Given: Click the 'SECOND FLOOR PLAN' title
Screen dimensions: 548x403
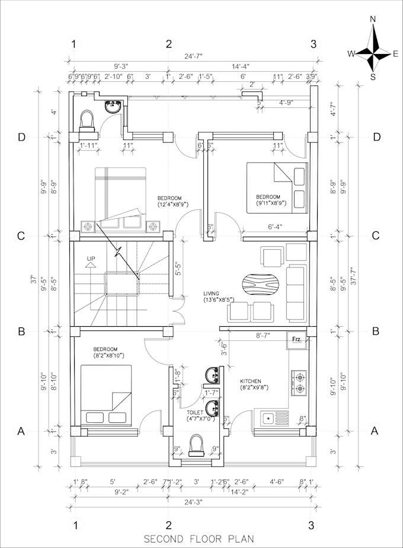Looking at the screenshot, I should [199, 539].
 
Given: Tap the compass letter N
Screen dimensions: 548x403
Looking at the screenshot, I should [373, 20].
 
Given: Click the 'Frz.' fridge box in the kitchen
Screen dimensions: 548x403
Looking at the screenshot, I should [298, 340].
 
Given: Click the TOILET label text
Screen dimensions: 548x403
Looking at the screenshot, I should [195, 412].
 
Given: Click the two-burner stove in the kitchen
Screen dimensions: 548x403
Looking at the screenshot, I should [299, 383].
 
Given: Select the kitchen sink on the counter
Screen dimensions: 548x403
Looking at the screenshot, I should [271, 419].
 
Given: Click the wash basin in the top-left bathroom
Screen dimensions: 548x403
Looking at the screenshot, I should [113, 107].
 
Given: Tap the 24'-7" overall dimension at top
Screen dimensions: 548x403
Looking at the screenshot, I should [193, 56].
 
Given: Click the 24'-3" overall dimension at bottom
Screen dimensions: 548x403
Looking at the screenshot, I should [193, 502].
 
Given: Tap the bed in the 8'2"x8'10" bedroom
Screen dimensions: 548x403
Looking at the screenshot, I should [106, 396].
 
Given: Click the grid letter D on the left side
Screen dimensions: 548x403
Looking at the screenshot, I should [21, 137].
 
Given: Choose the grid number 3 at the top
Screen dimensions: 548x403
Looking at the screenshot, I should [313, 44].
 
